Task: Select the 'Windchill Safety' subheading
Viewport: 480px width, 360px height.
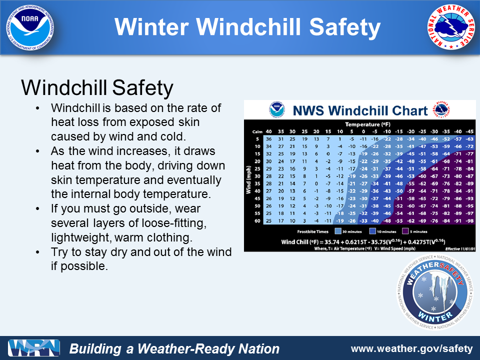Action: pyautogui.click(x=97, y=88)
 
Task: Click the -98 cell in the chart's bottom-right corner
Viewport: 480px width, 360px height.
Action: pyautogui.click(x=469, y=220)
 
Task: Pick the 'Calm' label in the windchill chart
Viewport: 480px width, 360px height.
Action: pyautogui.click(x=257, y=131)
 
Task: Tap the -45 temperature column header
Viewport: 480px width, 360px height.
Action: pyautogui.click(x=469, y=131)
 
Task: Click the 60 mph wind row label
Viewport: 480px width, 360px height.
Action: pyautogui.click(x=257, y=220)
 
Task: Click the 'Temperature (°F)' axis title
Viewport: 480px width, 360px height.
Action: pyautogui.click(x=367, y=124)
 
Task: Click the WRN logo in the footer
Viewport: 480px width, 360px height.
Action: pyautogui.click(x=34, y=348)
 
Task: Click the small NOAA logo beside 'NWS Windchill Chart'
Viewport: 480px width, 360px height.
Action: pyautogui.click(x=276, y=109)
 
